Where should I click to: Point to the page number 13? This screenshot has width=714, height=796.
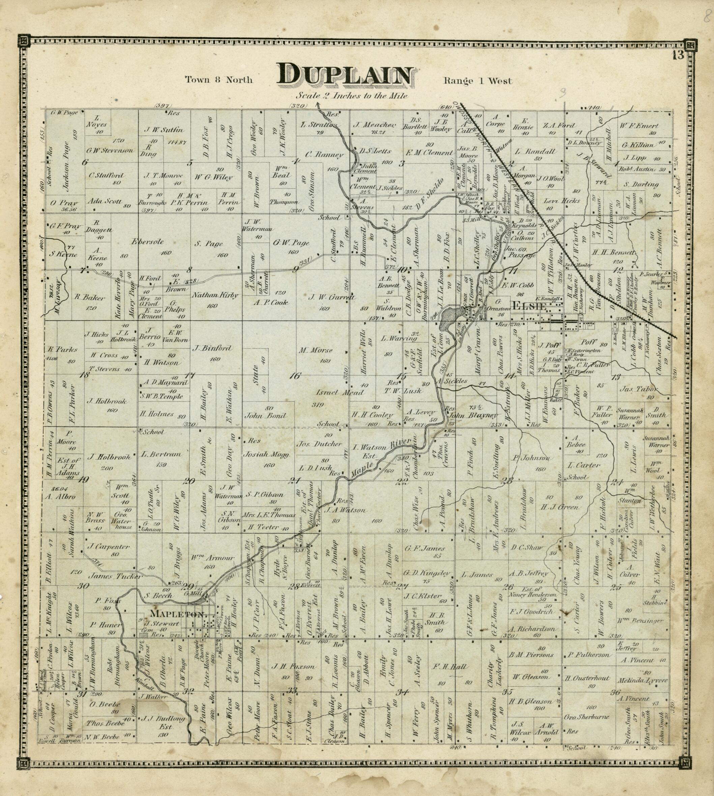click(678, 56)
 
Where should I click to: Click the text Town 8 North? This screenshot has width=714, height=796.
click(219, 80)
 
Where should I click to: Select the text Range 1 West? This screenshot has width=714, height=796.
click(478, 81)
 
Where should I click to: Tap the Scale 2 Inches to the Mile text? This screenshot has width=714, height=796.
click(351, 96)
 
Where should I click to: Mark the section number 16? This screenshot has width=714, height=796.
click(295, 376)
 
